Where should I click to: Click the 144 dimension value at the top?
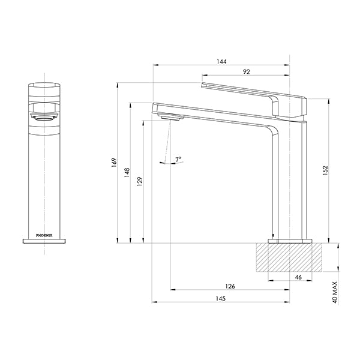[x=223, y=62]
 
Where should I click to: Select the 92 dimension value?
[x=246, y=72]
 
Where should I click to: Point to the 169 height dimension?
[x=114, y=163]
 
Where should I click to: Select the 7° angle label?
[x=178, y=159]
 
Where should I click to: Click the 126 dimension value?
[x=230, y=286]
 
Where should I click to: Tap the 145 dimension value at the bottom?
[x=222, y=299]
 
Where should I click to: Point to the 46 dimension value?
[x=299, y=278]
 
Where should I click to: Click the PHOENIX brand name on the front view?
[x=46, y=236]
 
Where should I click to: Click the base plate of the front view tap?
[x=46, y=241]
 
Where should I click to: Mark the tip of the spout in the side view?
[x=156, y=108]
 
